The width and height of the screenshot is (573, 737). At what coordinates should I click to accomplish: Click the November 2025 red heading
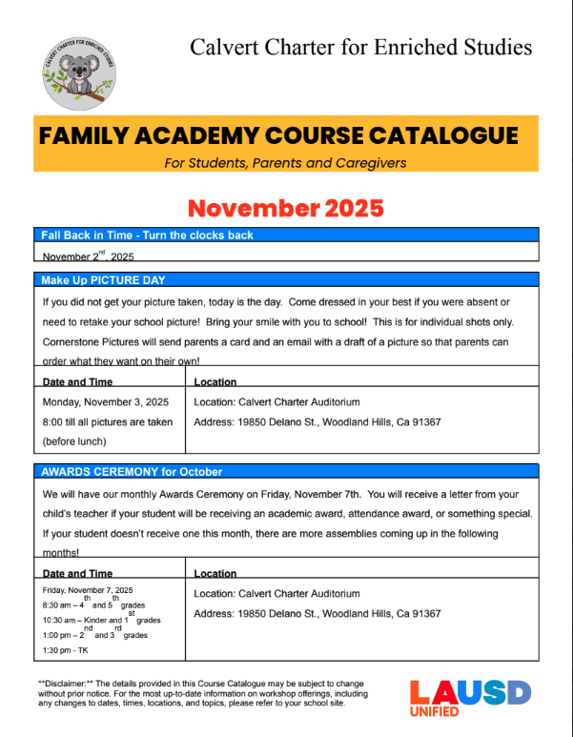(286, 208)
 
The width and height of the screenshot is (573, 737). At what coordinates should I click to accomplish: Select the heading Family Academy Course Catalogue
(278, 135)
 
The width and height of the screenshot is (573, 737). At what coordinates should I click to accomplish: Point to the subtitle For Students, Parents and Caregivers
(285, 163)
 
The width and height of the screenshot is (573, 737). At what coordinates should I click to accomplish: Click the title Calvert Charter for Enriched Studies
(360, 46)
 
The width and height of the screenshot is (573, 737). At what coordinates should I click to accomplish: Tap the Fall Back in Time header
(147, 235)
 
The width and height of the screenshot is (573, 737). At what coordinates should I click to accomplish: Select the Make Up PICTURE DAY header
(103, 280)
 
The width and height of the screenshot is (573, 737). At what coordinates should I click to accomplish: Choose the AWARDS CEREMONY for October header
(132, 472)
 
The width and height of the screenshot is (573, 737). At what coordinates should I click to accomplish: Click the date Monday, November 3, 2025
(106, 402)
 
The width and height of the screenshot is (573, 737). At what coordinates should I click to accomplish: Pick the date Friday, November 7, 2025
(88, 591)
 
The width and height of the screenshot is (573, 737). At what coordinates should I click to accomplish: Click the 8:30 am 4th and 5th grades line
(93, 605)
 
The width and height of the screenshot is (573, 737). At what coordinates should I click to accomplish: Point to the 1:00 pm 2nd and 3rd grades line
(94, 634)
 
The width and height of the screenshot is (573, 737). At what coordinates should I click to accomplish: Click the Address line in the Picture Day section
(317, 421)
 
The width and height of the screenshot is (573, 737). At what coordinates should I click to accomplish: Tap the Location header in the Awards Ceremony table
(215, 574)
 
